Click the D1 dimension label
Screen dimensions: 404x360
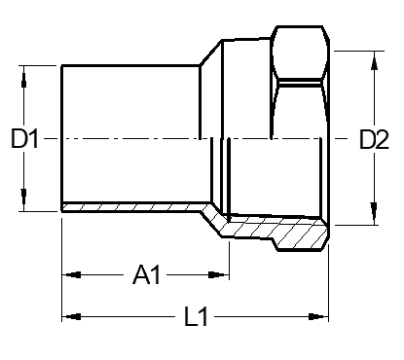[x=24, y=139]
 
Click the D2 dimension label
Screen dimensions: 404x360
[x=374, y=139]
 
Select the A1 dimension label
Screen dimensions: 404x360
[x=147, y=275]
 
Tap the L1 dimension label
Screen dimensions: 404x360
[x=196, y=316]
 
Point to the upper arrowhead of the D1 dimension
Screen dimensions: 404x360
[x=23, y=80]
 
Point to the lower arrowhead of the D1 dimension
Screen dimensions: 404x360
[x=23, y=197]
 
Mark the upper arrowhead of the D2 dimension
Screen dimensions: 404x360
[x=374, y=61]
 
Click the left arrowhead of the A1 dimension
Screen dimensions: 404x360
[x=73, y=275]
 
